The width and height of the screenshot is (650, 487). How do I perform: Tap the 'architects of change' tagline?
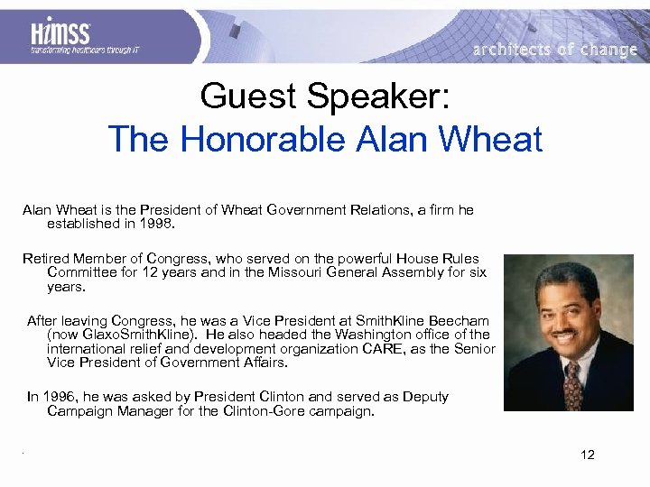click(555, 50)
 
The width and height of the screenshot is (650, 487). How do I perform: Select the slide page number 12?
click(588, 455)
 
